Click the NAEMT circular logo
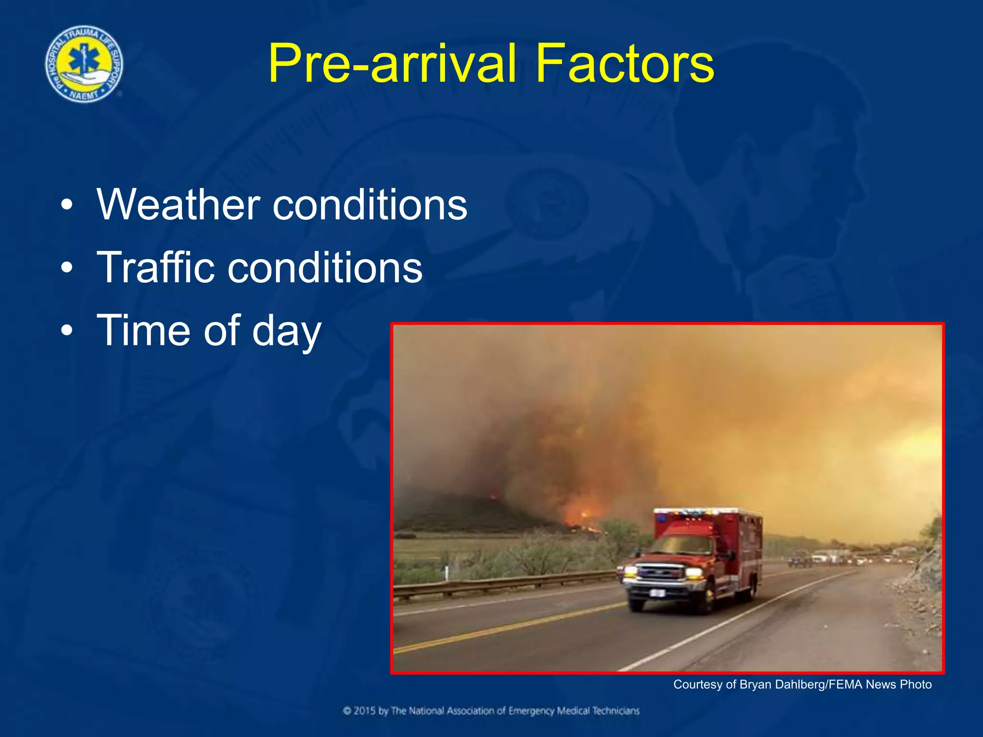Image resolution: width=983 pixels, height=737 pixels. pos(84,64)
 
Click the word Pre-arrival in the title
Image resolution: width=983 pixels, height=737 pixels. pos(392,64)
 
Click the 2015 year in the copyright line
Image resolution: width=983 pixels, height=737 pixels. pos(365,711)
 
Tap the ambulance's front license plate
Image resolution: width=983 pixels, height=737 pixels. pos(656,594)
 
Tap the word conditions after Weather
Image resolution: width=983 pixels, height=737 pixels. pos(370,205)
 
